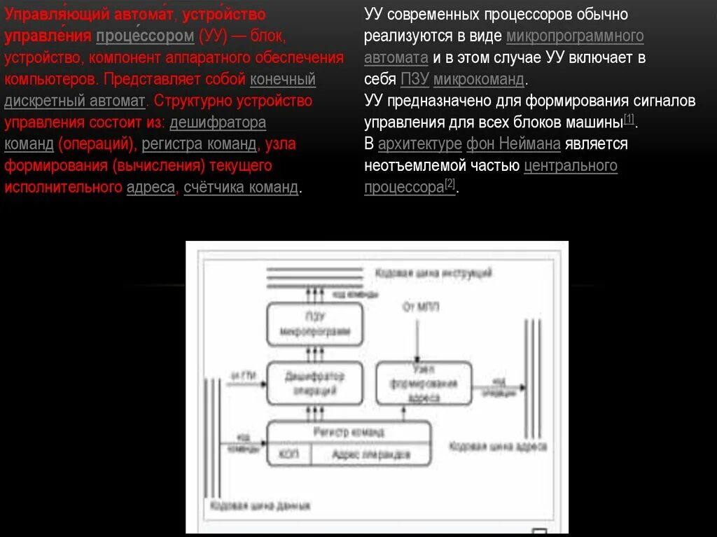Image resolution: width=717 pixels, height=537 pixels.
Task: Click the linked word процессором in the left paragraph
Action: (x=144, y=36)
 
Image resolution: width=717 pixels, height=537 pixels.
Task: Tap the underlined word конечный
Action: (x=282, y=79)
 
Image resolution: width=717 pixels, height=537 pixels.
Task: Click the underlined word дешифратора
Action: (x=218, y=123)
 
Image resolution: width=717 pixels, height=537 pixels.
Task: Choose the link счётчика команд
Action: (x=241, y=188)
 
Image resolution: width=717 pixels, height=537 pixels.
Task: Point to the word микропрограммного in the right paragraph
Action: (x=574, y=36)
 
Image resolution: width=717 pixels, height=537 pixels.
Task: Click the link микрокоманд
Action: (x=478, y=79)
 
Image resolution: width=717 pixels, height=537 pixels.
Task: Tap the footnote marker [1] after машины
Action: (x=629, y=120)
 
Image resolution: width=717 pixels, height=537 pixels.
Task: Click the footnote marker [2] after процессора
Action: (x=450, y=185)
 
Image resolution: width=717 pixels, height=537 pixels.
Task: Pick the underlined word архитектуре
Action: (x=419, y=144)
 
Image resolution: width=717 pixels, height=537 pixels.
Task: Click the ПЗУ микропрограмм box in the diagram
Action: (x=314, y=324)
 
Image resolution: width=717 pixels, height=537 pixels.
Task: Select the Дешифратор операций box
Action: (x=314, y=383)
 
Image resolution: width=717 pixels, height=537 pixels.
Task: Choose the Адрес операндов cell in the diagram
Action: (x=370, y=454)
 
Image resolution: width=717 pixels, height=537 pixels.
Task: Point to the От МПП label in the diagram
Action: (x=419, y=307)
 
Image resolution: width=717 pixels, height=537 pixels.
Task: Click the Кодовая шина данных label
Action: (x=260, y=505)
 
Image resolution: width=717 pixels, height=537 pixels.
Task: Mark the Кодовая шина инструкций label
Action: (x=433, y=272)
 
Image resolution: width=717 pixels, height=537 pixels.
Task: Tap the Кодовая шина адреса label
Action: (x=498, y=445)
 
